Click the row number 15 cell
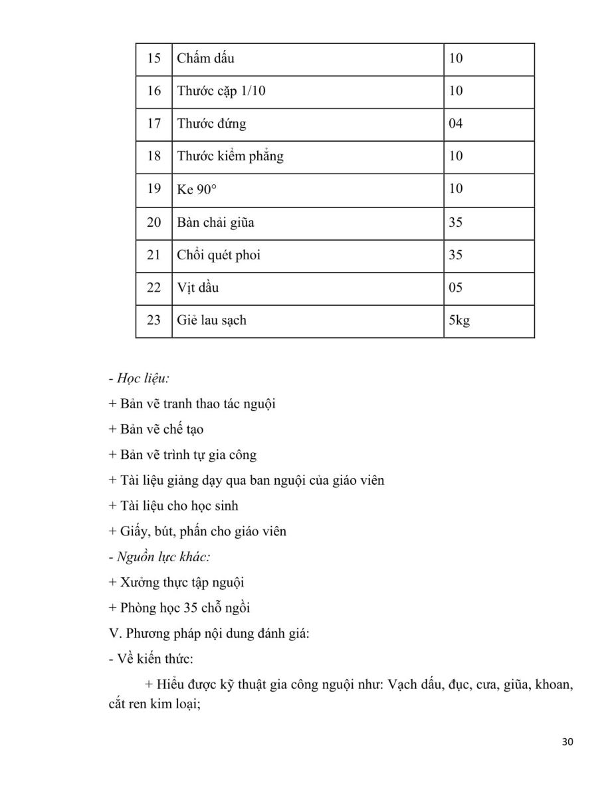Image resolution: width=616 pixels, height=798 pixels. pos(154,59)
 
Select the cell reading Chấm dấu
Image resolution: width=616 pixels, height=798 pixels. pos(205,59)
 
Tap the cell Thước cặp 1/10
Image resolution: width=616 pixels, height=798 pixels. pos(221,91)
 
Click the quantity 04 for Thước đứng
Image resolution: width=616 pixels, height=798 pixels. pos(456,124)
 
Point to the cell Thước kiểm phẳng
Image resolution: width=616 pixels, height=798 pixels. pos(230,156)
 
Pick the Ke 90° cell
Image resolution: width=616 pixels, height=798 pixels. pos(197,190)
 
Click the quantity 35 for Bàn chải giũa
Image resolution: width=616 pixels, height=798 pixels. pos(456,222)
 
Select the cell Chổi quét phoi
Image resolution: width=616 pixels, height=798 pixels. pos(219,255)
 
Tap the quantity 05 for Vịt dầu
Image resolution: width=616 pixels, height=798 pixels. pos(456,287)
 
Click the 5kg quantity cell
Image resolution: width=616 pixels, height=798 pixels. pos(459,320)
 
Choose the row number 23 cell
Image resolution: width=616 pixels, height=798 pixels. pos(154,320)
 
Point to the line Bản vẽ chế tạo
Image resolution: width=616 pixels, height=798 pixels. pos(156,430)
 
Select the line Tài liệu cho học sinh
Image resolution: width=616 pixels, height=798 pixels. pos(173,505)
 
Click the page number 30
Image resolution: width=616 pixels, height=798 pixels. pos(567,742)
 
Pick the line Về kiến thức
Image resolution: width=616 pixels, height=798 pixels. pos(151,659)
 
